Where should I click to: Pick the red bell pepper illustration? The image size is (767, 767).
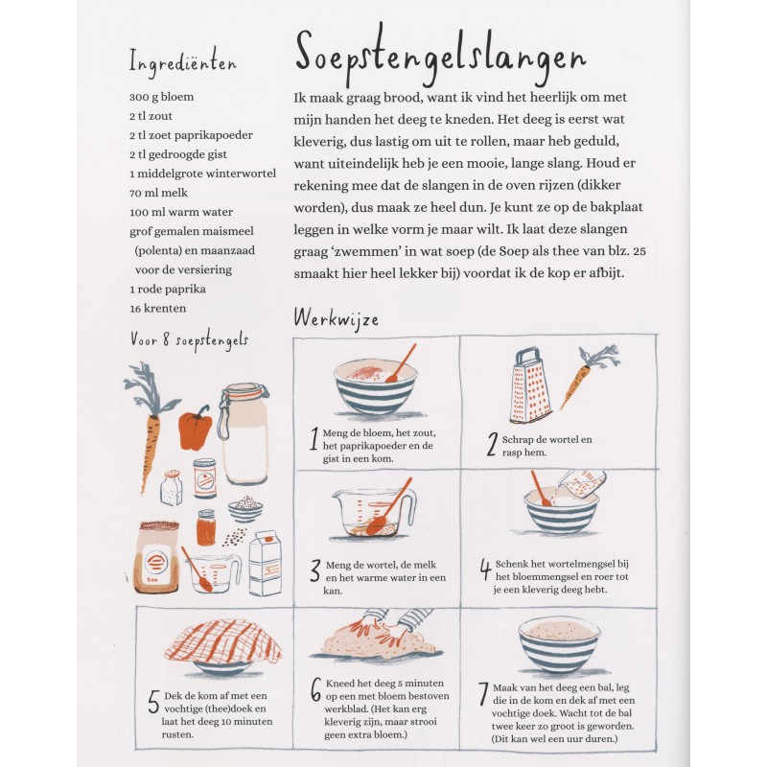(195, 428)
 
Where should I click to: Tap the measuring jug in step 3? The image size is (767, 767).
(372, 513)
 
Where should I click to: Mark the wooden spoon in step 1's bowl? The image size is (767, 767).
(400, 363)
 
